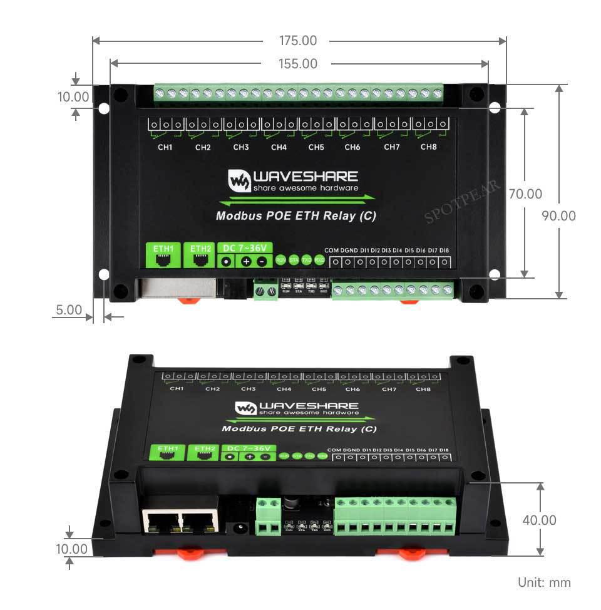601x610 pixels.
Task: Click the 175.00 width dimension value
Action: click(x=298, y=41)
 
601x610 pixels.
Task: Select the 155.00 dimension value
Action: click(x=298, y=64)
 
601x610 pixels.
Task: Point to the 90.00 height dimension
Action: click(x=558, y=216)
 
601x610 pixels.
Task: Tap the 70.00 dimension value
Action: click(x=525, y=195)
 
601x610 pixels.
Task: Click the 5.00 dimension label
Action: click(x=68, y=310)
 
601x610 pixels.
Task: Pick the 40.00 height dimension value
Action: click(x=539, y=520)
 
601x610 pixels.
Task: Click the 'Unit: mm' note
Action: click(x=544, y=582)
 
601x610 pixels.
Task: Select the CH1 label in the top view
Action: click(x=165, y=148)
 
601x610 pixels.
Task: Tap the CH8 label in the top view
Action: click(x=428, y=147)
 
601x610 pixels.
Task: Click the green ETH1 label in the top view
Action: click(x=163, y=249)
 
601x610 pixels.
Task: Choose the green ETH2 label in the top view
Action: click(x=201, y=249)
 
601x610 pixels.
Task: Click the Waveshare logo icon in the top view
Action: click(x=239, y=180)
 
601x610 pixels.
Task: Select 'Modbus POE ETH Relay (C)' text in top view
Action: click(x=295, y=217)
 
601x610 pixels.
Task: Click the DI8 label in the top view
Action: click(x=444, y=251)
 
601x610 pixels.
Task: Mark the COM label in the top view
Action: click(x=332, y=251)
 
